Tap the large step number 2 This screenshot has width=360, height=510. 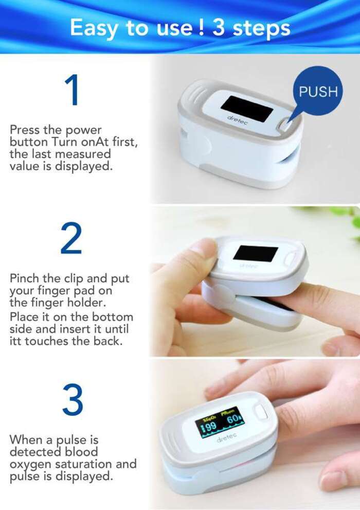pos(71,238)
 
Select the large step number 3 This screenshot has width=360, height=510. pos(73,399)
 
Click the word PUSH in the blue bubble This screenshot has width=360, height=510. pos(318,92)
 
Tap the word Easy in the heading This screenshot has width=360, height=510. pos(95,28)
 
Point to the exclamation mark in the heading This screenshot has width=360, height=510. pos(202,27)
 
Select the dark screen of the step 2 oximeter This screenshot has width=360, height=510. pos(256,253)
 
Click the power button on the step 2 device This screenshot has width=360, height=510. pos(291,258)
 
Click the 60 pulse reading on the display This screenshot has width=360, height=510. pos(232,419)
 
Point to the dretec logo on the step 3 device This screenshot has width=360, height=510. pos(226,437)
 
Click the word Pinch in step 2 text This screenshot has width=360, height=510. pos(25,278)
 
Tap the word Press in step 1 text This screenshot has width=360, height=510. pos(25,130)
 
